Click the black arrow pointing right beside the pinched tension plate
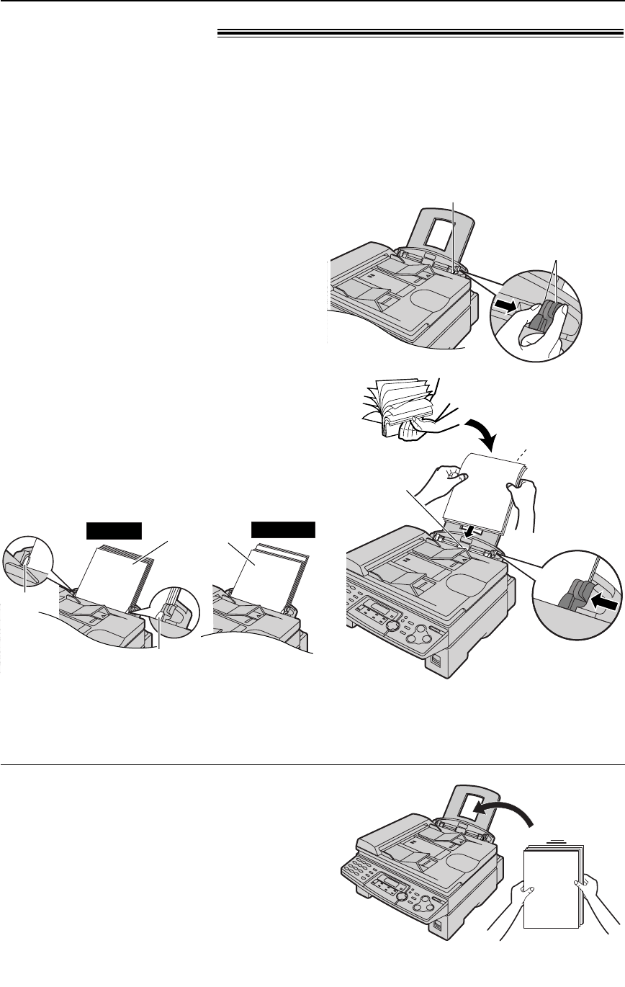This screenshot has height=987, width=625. (505, 307)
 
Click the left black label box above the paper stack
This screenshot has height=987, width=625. (113, 530)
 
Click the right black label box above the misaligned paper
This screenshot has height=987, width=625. (283, 530)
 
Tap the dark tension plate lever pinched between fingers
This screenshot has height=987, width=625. (541, 318)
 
